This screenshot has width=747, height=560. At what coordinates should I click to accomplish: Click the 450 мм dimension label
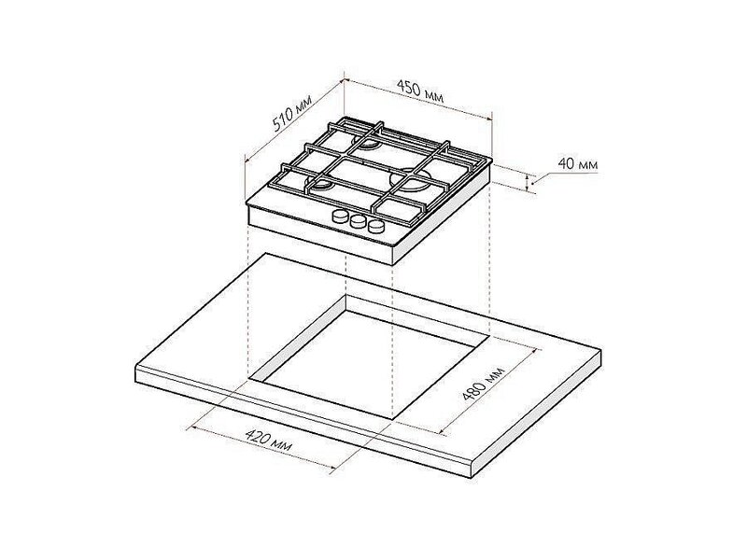pyautogui.click(x=420, y=91)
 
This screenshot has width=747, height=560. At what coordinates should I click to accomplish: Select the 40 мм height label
pyautogui.click(x=578, y=164)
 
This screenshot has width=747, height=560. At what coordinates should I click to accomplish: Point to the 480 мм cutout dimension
pyautogui.click(x=484, y=384)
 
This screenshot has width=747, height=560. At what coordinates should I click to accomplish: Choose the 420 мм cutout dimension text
pyautogui.click(x=268, y=441)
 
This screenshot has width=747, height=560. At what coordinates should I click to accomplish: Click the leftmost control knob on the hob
pyautogui.click(x=340, y=217)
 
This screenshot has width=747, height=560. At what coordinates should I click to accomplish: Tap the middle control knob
pyautogui.click(x=358, y=221)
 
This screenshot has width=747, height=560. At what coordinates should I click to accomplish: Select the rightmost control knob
pyautogui.click(x=375, y=227)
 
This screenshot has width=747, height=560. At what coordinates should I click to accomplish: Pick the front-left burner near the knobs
pyautogui.click(x=320, y=182)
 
